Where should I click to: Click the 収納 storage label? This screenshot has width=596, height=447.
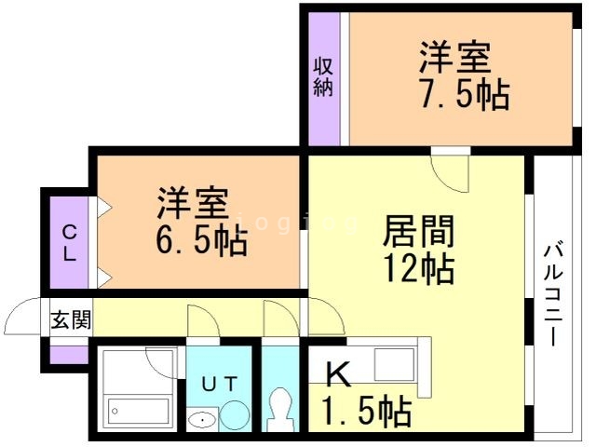(x=322, y=77)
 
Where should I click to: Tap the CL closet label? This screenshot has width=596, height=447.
(x=70, y=241)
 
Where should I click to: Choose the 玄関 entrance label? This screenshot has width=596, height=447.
(x=71, y=321)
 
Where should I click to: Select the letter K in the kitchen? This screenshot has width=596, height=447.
(x=339, y=373)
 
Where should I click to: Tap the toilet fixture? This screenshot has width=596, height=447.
(x=278, y=408)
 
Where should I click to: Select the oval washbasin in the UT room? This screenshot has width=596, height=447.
(x=201, y=420)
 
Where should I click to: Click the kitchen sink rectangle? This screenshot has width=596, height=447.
(x=394, y=364)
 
